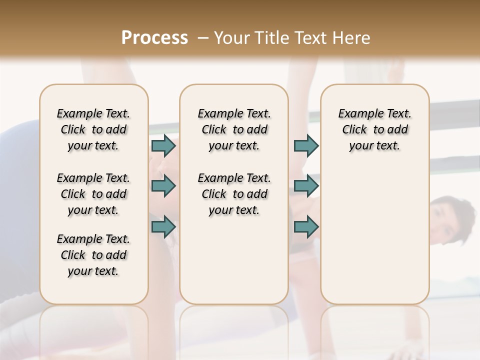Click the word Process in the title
coord(154,38)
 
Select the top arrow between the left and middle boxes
coord(163,145)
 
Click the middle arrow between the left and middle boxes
coord(163,186)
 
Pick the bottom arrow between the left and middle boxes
coord(163,226)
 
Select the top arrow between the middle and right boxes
coord(306,145)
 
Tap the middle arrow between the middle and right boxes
coord(306,186)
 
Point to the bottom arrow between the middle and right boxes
coord(306,226)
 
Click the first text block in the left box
coord(93,129)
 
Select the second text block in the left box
coord(93,194)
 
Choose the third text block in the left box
coord(93,255)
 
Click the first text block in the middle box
coord(234,129)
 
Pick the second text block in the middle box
coord(234,194)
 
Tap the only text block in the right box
coord(375,129)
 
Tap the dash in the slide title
coord(202,38)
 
